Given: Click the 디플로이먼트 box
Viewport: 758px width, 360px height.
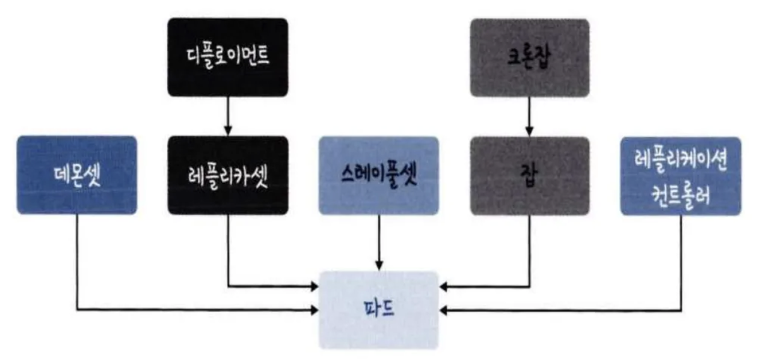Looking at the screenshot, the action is coord(227,57).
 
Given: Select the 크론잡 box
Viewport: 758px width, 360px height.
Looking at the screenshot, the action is coord(529,57).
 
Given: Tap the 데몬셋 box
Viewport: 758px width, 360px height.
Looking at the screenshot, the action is coord(76,175).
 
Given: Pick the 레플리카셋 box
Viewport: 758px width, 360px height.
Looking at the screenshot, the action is coord(227,175).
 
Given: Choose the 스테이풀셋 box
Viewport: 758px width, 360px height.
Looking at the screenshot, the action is coord(378,175).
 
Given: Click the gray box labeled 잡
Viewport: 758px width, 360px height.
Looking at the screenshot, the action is coord(529,175).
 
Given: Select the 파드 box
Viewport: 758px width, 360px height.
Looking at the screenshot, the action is coord(378,309).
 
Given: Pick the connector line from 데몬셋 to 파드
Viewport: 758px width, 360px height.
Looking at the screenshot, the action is coord(76,265).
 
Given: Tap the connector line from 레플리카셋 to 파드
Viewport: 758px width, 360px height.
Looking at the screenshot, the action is coord(227,253).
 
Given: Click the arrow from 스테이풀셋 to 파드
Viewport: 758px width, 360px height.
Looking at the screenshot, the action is coord(378,240).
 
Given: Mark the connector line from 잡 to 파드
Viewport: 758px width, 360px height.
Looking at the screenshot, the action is coord(529,253).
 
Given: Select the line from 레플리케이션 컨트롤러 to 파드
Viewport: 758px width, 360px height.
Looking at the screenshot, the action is coord(682,265).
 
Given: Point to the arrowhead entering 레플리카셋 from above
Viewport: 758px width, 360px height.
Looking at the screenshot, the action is coord(227,132).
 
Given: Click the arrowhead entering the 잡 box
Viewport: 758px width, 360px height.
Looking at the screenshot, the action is coord(529,132).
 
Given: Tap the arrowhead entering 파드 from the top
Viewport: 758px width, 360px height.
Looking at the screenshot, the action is coord(378,266).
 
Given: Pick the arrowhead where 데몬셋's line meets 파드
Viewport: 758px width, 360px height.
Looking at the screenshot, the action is coord(315,309).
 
